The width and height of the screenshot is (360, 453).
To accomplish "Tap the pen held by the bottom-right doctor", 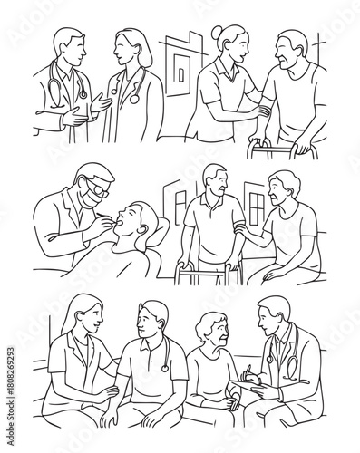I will click(247, 371).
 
